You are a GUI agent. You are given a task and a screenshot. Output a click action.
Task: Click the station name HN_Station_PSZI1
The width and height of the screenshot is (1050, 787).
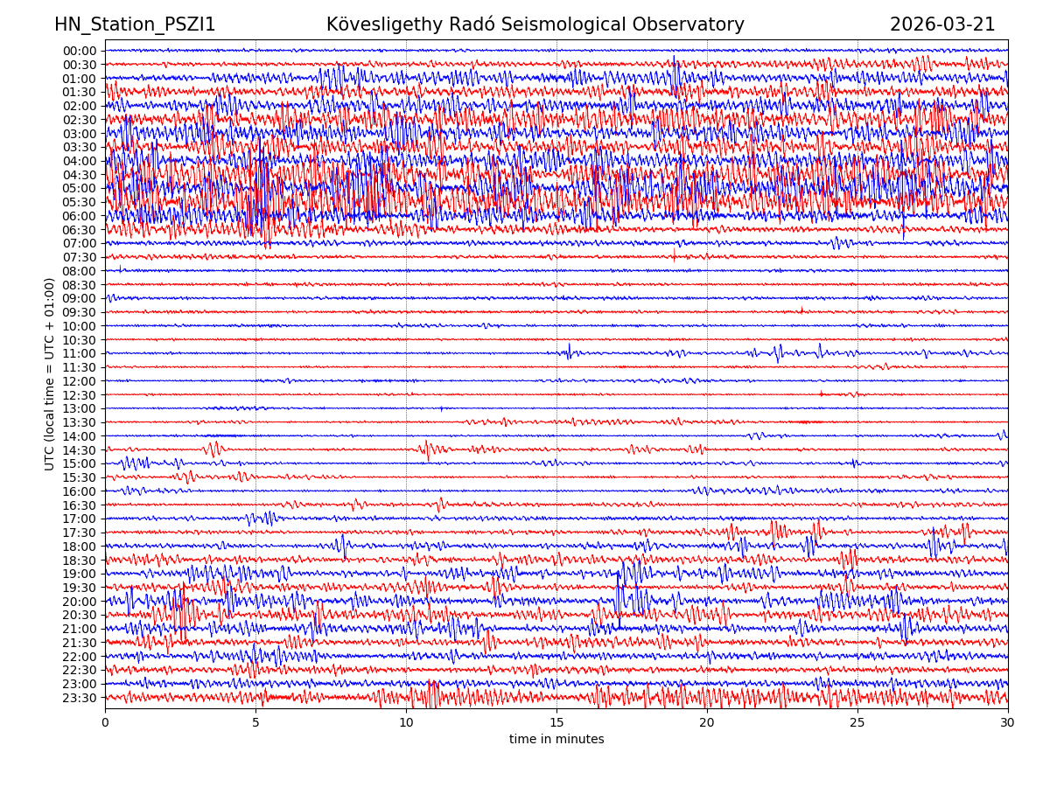click(135, 25)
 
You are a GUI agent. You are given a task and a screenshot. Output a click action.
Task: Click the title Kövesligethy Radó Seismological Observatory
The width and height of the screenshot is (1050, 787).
click(535, 25)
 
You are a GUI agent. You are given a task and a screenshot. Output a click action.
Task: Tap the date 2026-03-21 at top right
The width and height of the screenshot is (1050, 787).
click(942, 25)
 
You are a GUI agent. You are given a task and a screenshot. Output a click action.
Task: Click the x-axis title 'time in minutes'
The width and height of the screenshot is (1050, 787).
click(556, 740)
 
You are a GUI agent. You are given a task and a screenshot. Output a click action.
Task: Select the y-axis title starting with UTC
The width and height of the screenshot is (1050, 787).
click(50, 373)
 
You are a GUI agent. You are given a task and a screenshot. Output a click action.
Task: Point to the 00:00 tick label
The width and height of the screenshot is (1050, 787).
click(80, 51)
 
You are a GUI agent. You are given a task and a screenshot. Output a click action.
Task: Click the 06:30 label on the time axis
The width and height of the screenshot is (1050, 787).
click(80, 230)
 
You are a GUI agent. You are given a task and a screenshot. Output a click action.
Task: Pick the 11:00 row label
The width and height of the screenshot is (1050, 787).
click(80, 354)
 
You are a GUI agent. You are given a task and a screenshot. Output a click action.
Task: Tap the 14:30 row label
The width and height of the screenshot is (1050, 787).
click(80, 450)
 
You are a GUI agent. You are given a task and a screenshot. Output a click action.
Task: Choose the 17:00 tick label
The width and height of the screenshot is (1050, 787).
click(80, 519)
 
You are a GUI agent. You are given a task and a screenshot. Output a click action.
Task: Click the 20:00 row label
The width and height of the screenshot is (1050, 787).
click(80, 602)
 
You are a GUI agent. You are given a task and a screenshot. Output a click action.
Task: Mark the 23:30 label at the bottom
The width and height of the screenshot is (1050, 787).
click(80, 698)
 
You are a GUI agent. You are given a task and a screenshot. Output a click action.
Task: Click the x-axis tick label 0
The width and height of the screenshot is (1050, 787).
click(105, 723)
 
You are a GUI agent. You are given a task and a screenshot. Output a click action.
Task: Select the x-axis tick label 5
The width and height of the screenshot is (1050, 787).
click(255, 723)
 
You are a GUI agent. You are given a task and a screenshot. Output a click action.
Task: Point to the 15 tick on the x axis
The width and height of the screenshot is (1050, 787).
click(556, 723)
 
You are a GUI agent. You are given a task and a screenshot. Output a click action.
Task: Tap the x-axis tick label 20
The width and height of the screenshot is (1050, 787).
click(707, 723)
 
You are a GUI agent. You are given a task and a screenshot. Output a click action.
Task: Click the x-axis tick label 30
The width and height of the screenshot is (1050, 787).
click(1008, 723)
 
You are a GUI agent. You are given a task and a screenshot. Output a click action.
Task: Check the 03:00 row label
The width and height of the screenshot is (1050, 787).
click(80, 134)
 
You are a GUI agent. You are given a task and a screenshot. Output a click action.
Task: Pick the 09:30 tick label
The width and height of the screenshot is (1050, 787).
click(80, 313)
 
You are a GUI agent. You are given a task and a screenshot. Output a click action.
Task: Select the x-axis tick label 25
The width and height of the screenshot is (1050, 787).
click(857, 723)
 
